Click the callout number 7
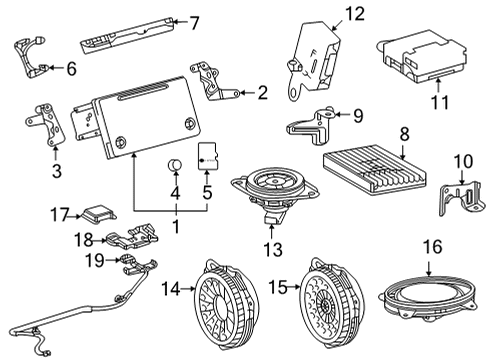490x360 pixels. pyautogui.click(x=194, y=21)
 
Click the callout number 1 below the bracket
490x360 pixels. pyautogui.click(x=176, y=226)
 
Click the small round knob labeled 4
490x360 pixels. pyautogui.click(x=173, y=165)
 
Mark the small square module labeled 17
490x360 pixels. pyautogui.click(x=98, y=214)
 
